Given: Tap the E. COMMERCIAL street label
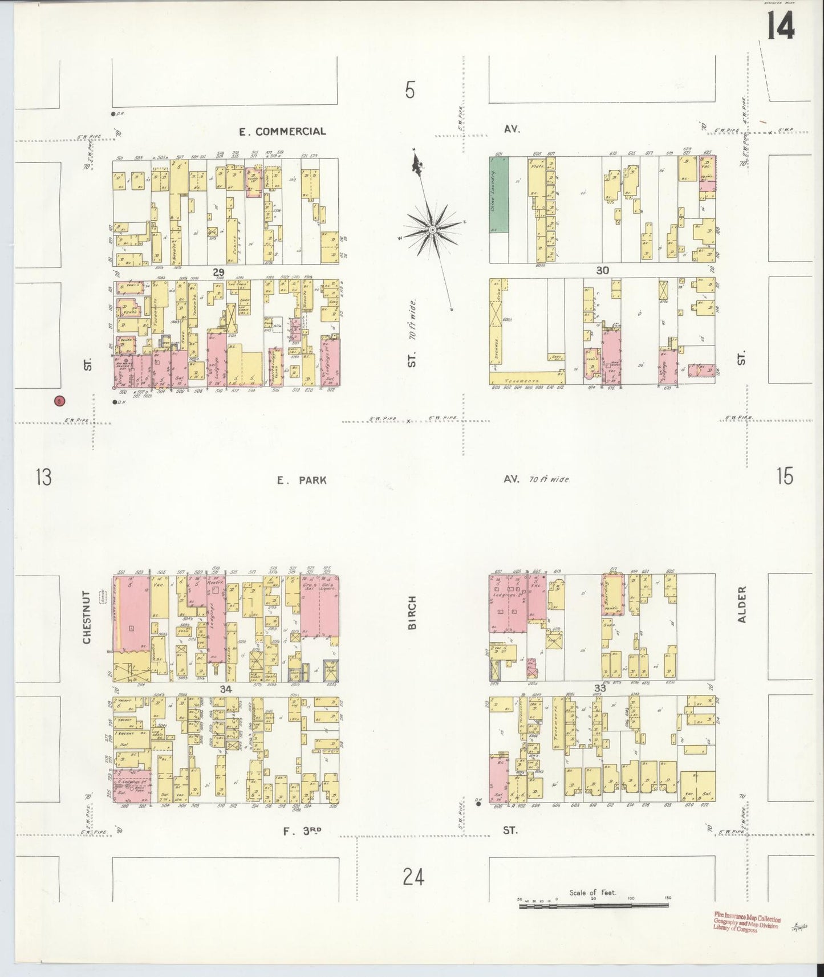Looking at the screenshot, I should click(x=282, y=132).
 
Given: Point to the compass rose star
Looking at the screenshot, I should click(x=432, y=229).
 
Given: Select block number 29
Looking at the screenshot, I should click(x=218, y=273).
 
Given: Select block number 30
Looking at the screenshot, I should click(x=603, y=271).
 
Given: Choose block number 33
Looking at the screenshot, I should click(x=599, y=688).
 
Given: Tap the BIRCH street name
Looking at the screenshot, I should click(x=413, y=613).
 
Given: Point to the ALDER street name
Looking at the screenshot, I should click(x=742, y=605).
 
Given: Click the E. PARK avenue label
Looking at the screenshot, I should click(x=302, y=481).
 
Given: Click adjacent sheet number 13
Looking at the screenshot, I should click(x=43, y=477).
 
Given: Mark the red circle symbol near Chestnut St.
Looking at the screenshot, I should click(x=59, y=401).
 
